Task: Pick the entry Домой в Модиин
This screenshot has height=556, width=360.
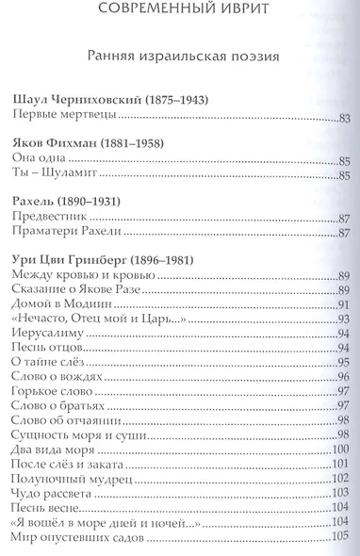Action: tap(59, 306)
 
